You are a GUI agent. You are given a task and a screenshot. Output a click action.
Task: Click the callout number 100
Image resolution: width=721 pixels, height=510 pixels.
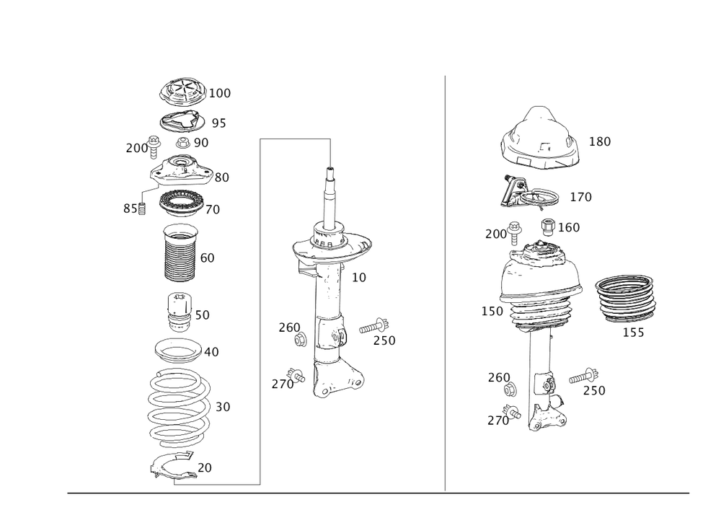click(220, 93)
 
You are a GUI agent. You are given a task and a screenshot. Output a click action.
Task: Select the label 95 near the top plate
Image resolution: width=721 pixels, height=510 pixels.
click(219, 123)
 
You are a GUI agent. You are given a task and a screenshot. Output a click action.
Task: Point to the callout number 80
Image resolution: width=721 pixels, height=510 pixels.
click(221, 177)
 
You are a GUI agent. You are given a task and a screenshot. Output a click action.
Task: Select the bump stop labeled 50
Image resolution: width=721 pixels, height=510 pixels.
click(178, 312)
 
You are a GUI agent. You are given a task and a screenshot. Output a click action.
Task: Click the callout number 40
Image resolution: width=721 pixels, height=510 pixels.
click(212, 352)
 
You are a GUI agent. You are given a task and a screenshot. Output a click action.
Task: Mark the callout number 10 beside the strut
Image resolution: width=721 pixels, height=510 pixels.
click(358, 276)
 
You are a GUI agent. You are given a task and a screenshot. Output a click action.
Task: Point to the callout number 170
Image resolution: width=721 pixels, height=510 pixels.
click(580, 196)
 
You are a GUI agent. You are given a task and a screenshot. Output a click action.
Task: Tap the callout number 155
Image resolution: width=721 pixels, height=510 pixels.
click(634, 333)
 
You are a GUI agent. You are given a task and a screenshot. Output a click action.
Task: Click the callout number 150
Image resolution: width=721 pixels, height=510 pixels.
click(492, 311)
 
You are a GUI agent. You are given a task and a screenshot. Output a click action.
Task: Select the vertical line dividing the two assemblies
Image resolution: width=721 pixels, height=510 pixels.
click(444, 281)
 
